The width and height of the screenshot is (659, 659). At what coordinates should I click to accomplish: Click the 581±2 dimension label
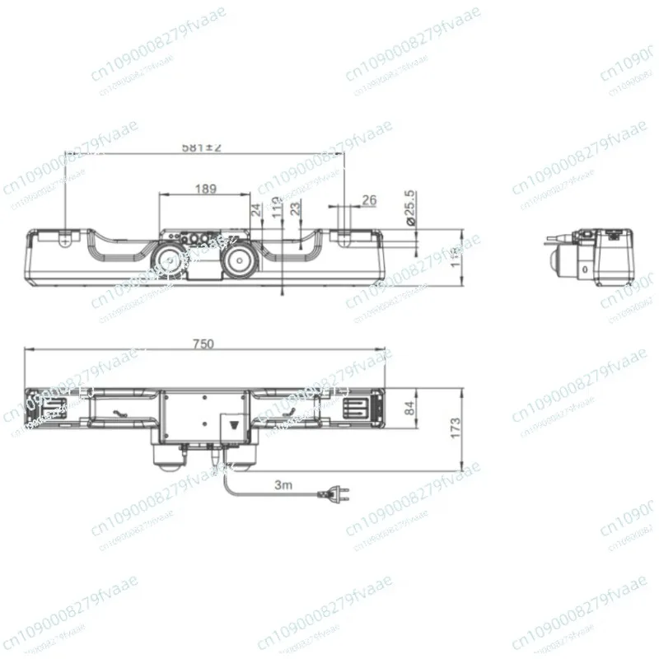(202, 147)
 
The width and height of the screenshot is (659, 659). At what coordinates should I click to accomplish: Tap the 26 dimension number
(369, 199)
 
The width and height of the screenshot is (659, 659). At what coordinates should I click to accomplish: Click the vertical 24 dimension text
(255, 212)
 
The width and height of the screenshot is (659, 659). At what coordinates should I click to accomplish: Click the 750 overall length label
(203, 344)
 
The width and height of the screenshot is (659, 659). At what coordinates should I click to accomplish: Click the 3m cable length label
(283, 485)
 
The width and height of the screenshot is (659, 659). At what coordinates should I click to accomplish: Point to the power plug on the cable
(339, 494)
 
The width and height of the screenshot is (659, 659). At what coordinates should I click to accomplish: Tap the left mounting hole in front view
(66, 236)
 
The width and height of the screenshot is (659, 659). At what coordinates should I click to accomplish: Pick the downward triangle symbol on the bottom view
(236, 428)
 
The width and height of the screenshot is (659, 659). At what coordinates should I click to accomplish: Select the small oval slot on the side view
(583, 269)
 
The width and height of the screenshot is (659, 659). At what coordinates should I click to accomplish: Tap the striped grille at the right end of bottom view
(360, 408)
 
